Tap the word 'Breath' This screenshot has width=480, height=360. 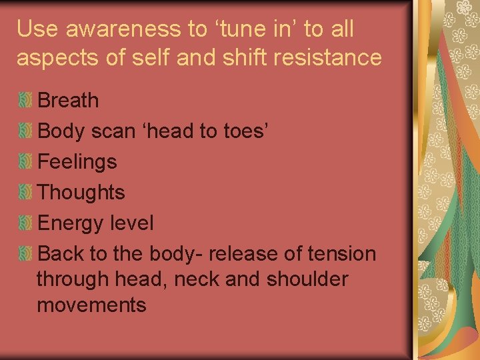pyautogui.click(x=69, y=101)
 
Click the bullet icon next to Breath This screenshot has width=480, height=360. pyautogui.click(x=25, y=101)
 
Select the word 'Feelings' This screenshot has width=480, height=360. pyautogui.click(x=77, y=162)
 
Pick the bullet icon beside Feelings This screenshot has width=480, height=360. pyautogui.click(x=25, y=162)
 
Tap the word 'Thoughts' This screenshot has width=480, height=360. pyautogui.click(x=81, y=193)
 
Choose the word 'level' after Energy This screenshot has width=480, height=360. pyautogui.click(x=133, y=223)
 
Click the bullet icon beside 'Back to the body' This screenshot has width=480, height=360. pyautogui.click(x=25, y=254)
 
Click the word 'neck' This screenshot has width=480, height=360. pyautogui.click(x=197, y=279)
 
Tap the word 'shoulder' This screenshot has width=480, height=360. pyautogui.click(x=307, y=279)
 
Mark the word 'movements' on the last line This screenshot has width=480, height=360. pyautogui.click(x=91, y=305)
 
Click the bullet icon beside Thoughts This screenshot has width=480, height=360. pyautogui.click(x=25, y=193)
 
